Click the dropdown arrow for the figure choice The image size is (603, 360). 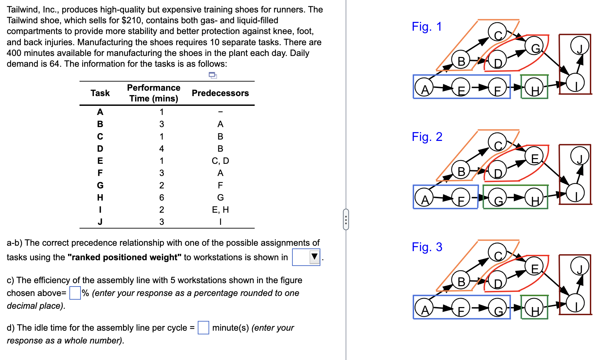pyautogui.click(x=314, y=257)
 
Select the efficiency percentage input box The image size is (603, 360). pyautogui.click(x=75, y=293)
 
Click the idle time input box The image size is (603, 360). pyautogui.click(x=203, y=328)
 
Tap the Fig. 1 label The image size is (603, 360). pyautogui.click(x=426, y=27)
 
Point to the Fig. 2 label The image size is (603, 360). pyautogui.click(x=426, y=137)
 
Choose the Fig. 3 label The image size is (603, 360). pyautogui.click(x=426, y=247)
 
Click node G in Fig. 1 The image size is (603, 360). pyautogui.click(x=535, y=48)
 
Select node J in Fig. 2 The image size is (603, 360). pyautogui.click(x=579, y=156)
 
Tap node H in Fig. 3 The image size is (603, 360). pyautogui.click(x=534, y=310)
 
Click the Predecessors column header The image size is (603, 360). pyautogui.click(x=220, y=93)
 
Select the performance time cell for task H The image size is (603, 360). pyautogui.click(x=162, y=198)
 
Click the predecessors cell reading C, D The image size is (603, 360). pyautogui.click(x=220, y=161)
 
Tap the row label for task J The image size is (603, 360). pyautogui.click(x=100, y=222)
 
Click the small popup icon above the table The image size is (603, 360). pyautogui.click(x=213, y=75)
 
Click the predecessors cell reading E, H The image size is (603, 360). pyautogui.click(x=220, y=210)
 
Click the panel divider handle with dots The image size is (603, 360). pyautogui.click(x=346, y=219)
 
